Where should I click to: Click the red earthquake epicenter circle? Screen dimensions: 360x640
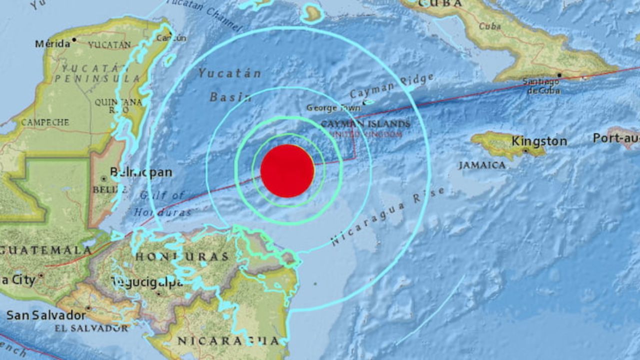(287, 171)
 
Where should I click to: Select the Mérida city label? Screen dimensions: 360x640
(52, 44)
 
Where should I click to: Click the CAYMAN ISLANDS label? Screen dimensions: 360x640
(365, 123)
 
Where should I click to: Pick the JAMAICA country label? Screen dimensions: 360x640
(482, 165)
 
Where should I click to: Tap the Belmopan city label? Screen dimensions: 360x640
(141, 173)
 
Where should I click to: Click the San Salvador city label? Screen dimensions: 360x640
(46, 315)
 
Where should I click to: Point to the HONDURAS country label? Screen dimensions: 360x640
(182, 256)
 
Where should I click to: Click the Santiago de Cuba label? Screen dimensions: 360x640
(542, 85)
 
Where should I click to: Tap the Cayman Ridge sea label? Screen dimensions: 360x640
(391, 86)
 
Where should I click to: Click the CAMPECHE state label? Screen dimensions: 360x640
(45, 122)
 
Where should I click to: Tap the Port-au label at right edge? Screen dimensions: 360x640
(615, 138)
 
